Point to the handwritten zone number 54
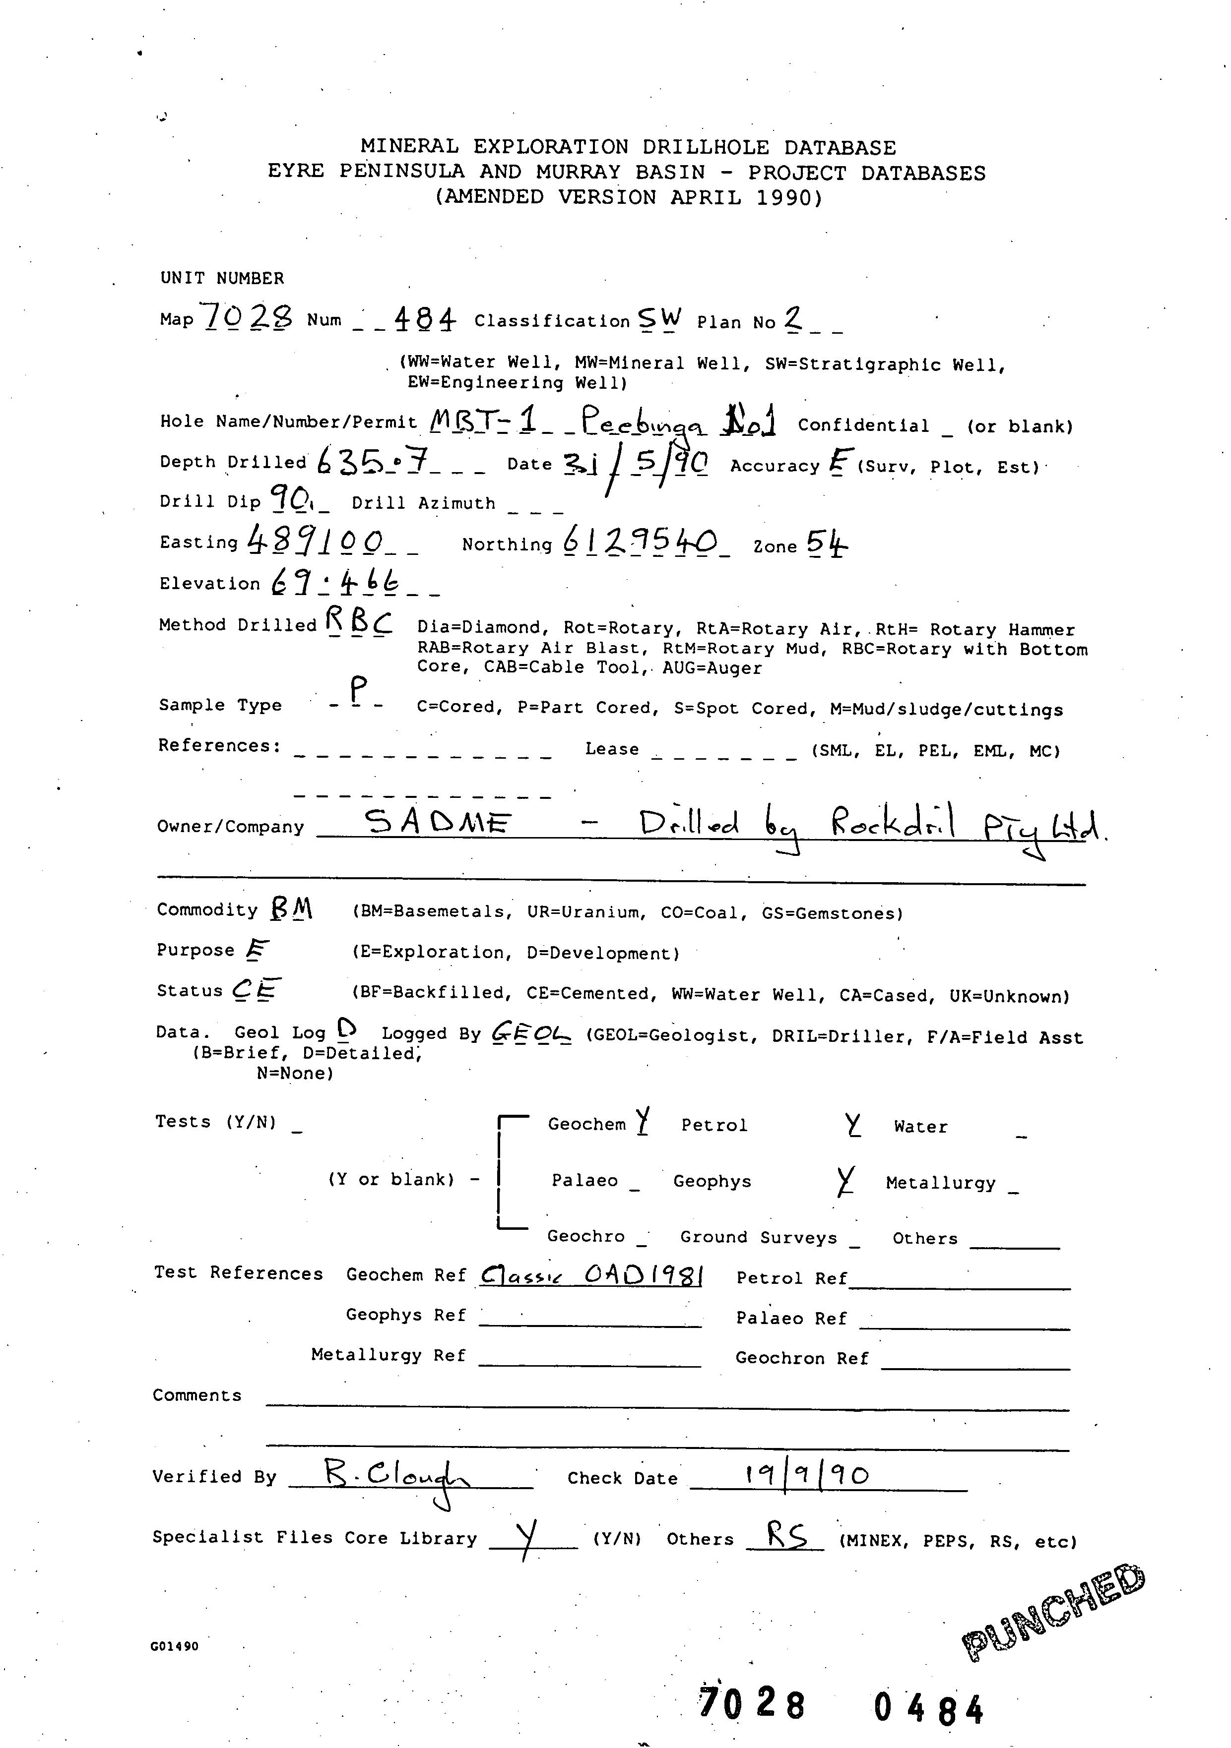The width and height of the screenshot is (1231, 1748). click(x=827, y=543)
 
